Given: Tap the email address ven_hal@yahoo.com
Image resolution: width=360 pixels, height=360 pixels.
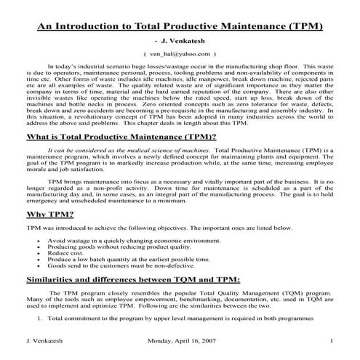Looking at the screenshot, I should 180,54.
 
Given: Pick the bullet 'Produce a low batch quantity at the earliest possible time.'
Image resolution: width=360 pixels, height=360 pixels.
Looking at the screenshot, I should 129,258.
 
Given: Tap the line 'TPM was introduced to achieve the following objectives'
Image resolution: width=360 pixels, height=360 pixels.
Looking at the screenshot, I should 150,228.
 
